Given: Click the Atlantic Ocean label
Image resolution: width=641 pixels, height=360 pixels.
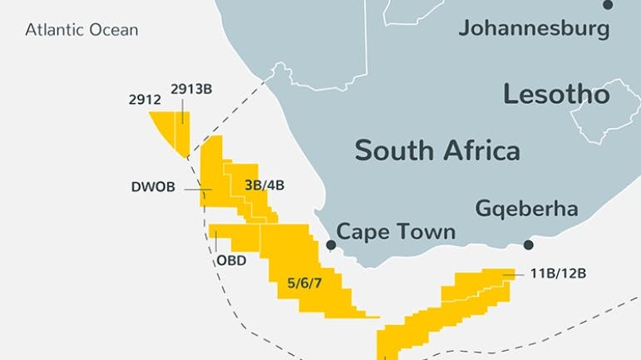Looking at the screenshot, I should (x=81, y=31).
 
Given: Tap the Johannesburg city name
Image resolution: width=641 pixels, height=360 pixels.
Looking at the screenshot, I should (x=534, y=29).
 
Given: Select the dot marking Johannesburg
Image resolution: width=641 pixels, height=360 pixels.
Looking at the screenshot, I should (x=609, y=5).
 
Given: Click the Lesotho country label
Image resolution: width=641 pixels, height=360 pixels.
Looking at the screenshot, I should (x=556, y=94).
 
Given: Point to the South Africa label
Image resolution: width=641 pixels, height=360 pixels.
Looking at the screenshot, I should (x=437, y=150).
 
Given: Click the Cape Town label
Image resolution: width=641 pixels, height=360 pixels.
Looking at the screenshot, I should (x=396, y=231).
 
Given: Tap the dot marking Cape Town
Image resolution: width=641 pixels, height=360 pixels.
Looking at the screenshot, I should (x=331, y=245).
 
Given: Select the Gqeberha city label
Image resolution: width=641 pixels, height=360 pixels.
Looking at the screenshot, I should (x=526, y=208).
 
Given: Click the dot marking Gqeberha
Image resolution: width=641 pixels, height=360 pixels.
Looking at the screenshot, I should (x=528, y=245).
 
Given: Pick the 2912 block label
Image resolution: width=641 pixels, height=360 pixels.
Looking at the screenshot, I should (x=144, y=99).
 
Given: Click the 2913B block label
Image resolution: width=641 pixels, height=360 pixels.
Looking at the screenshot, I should (x=191, y=90).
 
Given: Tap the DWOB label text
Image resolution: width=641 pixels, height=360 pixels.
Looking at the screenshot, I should (x=153, y=187).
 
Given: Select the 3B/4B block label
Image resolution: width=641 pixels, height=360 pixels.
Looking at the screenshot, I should (x=264, y=185).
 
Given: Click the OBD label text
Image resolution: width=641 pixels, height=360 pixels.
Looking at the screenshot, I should (x=231, y=259).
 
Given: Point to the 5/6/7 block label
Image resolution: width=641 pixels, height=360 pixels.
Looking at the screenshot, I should (x=304, y=284).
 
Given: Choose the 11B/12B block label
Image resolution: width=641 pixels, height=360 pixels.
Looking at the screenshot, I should (x=553, y=273).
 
